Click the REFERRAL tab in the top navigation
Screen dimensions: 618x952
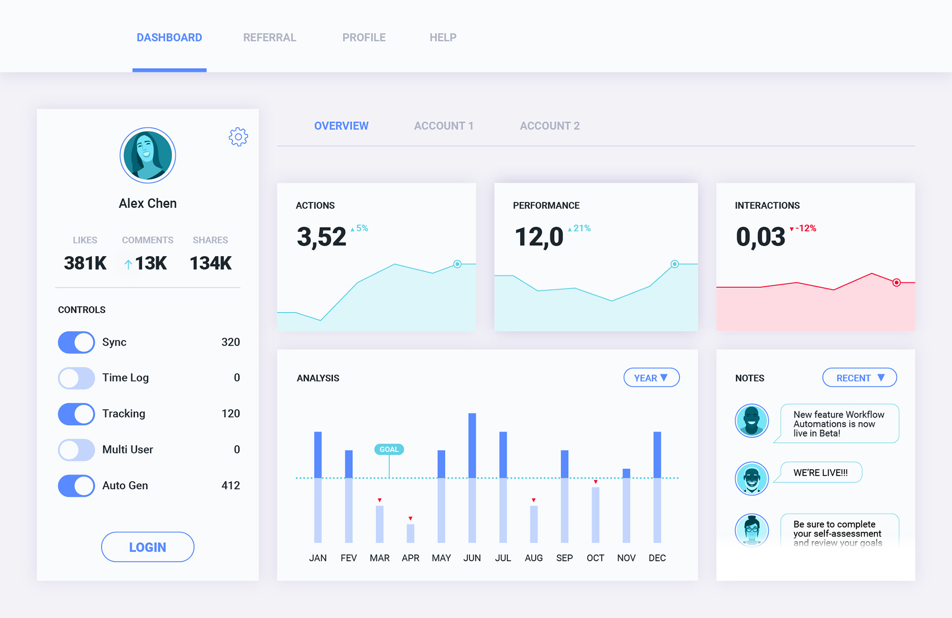(x=269, y=38)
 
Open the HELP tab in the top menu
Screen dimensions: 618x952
(x=443, y=38)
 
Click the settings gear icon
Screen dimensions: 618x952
(x=238, y=137)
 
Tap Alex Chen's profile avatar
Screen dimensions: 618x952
(x=148, y=155)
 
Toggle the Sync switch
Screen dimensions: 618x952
(x=76, y=342)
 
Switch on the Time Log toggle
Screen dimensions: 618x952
(x=76, y=378)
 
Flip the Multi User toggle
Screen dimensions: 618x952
(x=76, y=450)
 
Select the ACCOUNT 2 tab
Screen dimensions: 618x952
(x=549, y=126)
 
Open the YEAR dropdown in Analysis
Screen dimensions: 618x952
(x=651, y=378)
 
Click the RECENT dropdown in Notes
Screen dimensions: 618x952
(x=859, y=378)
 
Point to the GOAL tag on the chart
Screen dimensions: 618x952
(x=389, y=449)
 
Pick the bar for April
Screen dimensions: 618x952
(x=410, y=533)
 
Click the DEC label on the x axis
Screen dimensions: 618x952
(x=657, y=558)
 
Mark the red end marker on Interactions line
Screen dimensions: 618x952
(x=896, y=283)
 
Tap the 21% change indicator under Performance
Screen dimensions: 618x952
(x=579, y=229)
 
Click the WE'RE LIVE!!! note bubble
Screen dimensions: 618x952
(x=821, y=473)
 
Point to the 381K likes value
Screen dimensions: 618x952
(x=85, y=263)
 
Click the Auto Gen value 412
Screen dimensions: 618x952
(x=230, y=486)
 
